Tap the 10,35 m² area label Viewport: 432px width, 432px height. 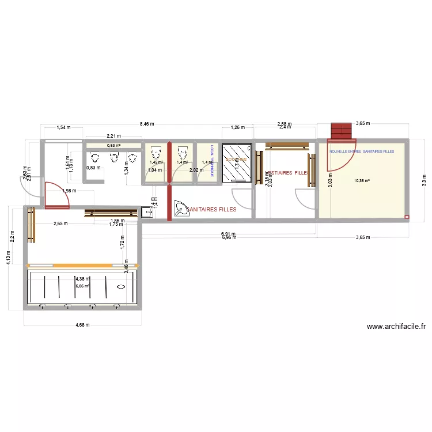coord(362,180)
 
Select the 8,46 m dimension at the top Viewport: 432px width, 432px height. coord(147,123)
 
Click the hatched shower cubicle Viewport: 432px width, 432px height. coord(237,163)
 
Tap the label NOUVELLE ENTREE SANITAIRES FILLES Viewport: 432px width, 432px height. coord(361,151)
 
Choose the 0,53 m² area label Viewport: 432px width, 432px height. coord(113,146)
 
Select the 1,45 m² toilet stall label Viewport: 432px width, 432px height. coord(156,162)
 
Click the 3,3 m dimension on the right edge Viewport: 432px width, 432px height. coord(423,180)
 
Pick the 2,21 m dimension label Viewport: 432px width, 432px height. coord(112,136)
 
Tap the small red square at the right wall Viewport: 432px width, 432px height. coord(407,217)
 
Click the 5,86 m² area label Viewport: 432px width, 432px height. coord(82,285)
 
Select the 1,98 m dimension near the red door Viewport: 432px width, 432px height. coord(54,191)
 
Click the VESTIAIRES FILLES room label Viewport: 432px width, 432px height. coord(286,173)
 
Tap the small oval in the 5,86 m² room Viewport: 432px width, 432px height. coord(121,286)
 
